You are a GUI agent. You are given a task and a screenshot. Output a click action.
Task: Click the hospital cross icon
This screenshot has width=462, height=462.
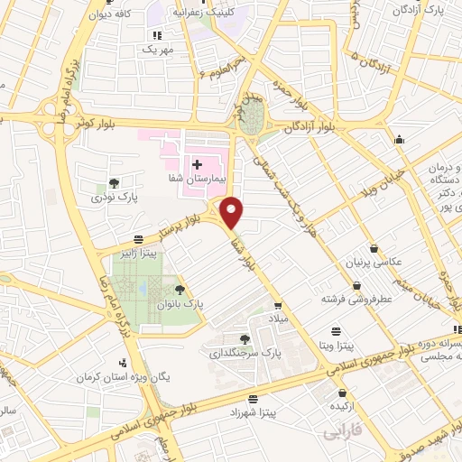pyautogui.click(x=197, y=163)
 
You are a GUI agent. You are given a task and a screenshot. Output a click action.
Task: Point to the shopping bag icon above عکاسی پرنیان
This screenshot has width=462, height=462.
pyautogui.click(x=374, y=249)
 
